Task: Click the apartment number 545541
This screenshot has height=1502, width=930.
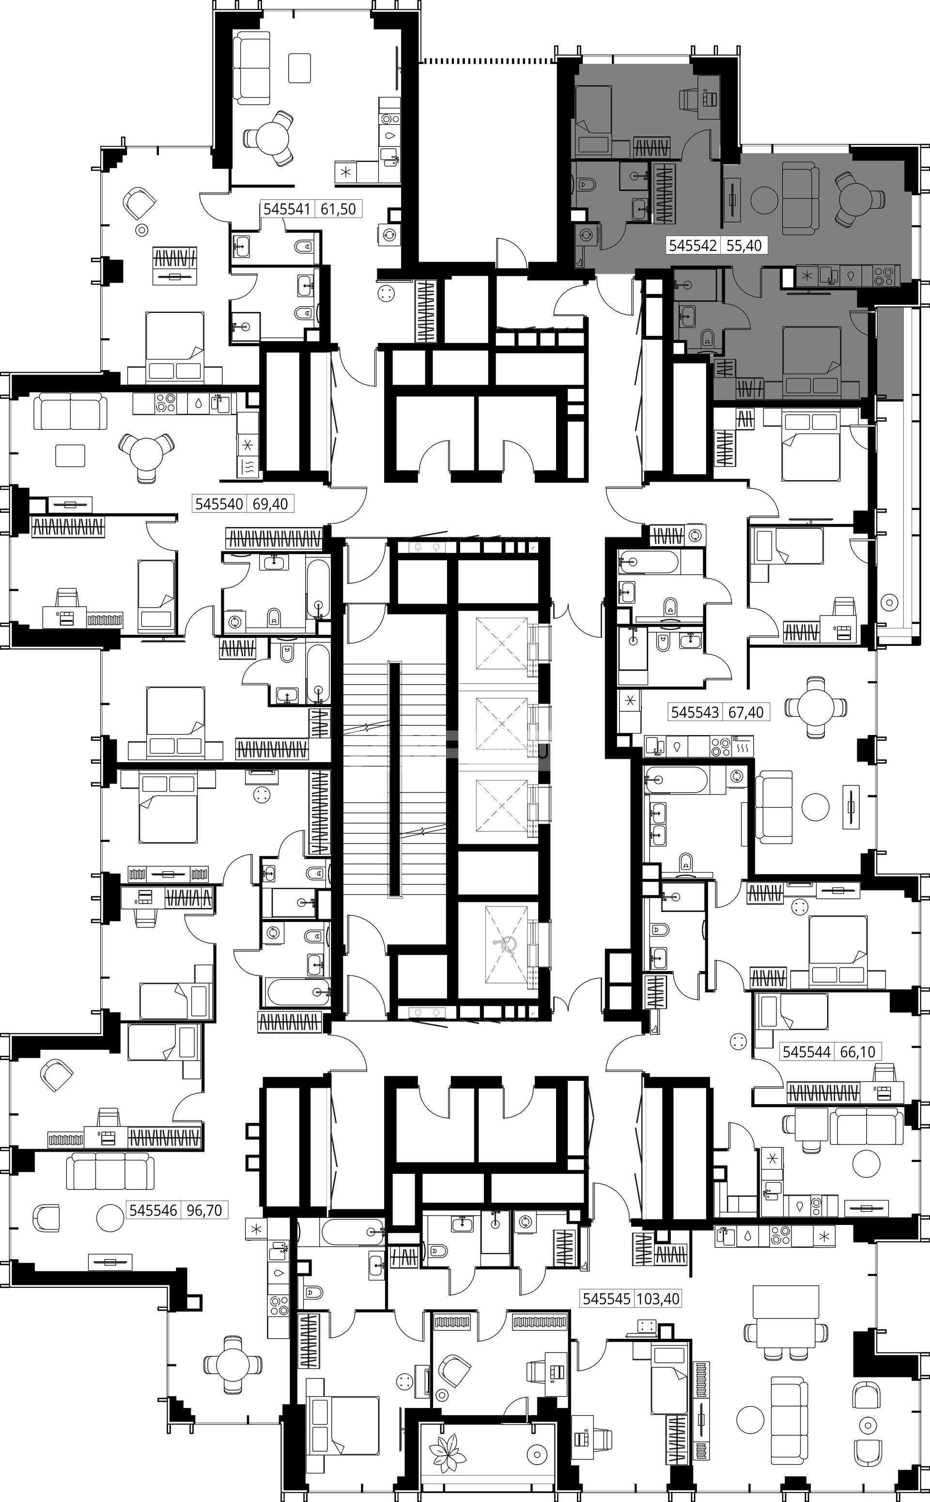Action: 287,209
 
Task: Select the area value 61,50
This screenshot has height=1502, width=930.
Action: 338,209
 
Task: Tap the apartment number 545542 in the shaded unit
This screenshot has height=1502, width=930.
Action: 693,246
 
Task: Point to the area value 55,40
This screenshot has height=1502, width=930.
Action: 744,246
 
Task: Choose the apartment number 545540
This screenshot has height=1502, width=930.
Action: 219,504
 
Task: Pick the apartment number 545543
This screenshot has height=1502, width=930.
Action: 695,712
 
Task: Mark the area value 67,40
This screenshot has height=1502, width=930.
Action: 746,712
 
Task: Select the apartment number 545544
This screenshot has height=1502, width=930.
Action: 806,1052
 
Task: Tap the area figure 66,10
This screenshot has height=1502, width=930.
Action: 857,1052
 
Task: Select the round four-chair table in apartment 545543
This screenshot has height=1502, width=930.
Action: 816,707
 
